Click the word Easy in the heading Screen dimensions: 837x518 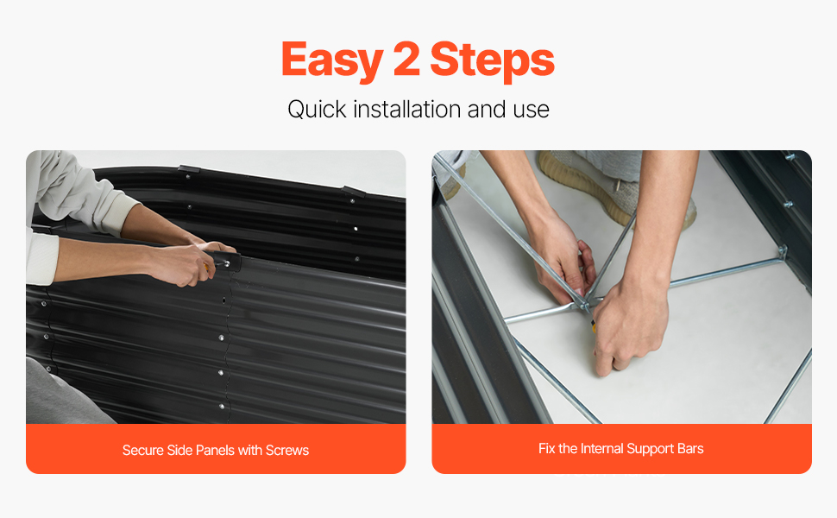click(x=331, y=60)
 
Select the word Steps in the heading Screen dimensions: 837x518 click(x=492, y=60)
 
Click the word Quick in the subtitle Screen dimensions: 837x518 click(x=317, y=110)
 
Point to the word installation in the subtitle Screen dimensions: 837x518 click(x=406, y=109)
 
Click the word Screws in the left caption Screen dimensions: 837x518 click(x=287, y=450)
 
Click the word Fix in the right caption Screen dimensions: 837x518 click(x=546, y=449)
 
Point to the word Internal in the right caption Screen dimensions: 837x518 click(x=601, y=449)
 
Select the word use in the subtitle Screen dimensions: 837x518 click(x=532, y=111)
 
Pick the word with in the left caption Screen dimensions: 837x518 click(x=250, y=450)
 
